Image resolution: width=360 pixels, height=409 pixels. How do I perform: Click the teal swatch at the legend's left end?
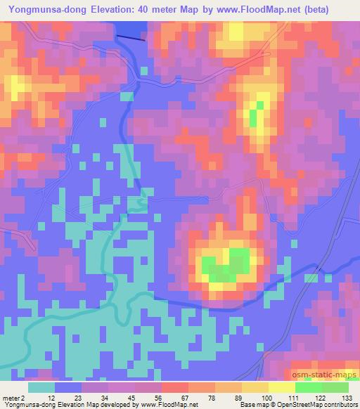(x=41, y=387)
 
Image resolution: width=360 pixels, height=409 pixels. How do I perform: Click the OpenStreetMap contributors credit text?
(x=321, y=405)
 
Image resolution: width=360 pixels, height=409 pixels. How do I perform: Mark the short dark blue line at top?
(x=131, y=38)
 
